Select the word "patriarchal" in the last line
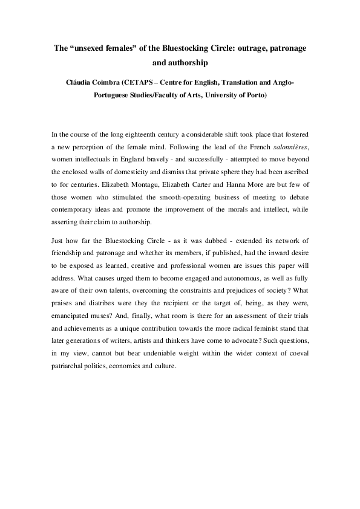click(70, 366)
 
